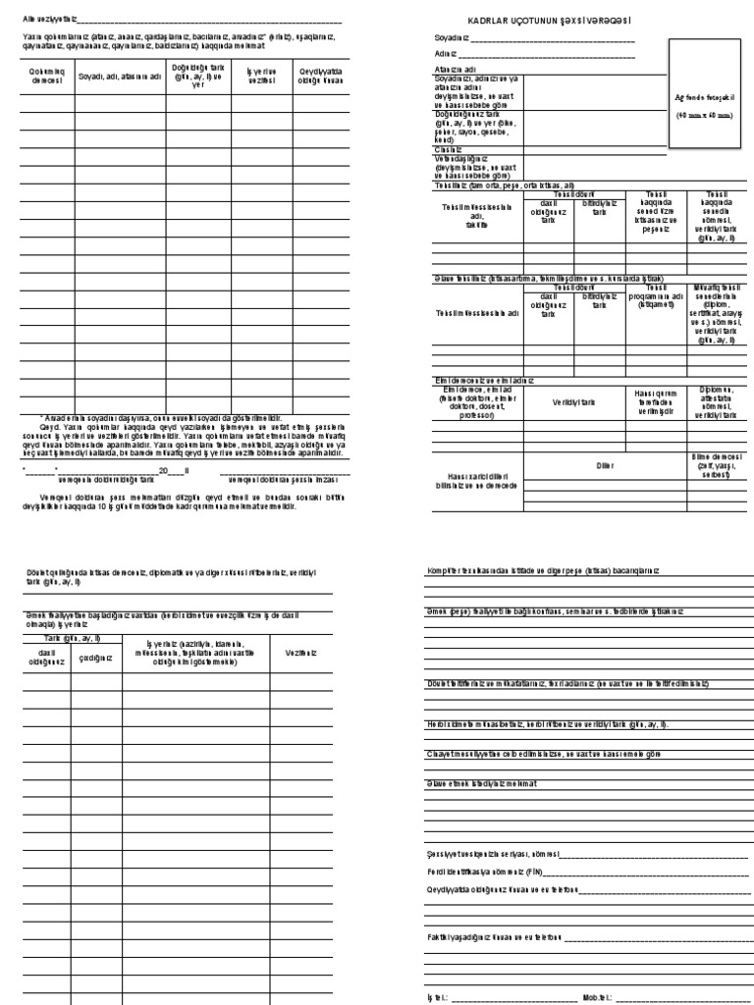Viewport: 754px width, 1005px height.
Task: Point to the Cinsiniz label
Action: pyautogui.click(x=450, y=148)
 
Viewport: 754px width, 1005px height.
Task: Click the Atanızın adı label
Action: pyautogui.click(x=457, y=70)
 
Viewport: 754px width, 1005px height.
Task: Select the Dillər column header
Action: pyautogui.click(x=605, y=464)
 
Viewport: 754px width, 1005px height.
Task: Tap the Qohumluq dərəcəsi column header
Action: pyautogui.click(x=46, y=77)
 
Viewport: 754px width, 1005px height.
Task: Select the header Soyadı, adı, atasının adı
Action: pyautogui.click(x=119, y=76)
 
